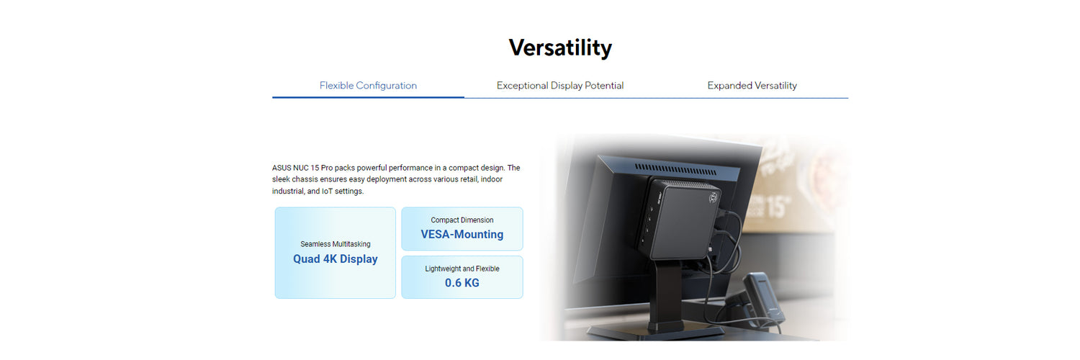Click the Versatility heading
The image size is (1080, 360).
click(559, 48)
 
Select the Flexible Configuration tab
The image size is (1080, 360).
click(368, 85)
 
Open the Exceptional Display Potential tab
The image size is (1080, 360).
click(559, 85)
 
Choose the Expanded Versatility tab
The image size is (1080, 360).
click(752, 85)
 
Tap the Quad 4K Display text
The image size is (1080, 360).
click(335, 258)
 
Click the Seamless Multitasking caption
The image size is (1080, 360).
click(335, 244)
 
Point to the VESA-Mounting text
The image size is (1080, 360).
click(462, 234)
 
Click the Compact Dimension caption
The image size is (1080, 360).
click(462, 220)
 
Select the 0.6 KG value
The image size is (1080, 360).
click(462, 283)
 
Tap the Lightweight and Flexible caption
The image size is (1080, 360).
click(462, 269)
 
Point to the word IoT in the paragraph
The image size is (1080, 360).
click(327, 191)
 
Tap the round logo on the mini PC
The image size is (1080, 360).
click(713, 197)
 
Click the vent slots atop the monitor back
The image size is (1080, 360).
click(675, 170)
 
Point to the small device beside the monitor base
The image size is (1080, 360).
click(764, 299)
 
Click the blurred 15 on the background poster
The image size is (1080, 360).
click(777, 206)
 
